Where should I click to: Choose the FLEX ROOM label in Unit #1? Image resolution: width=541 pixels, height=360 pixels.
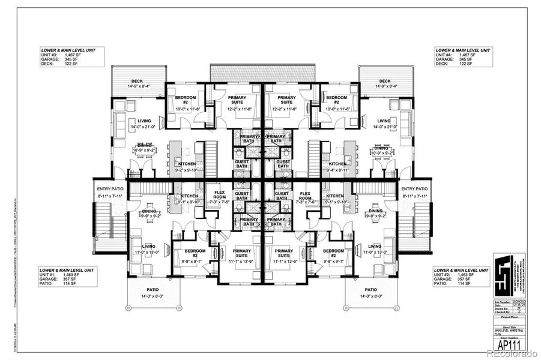coord(220,195)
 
